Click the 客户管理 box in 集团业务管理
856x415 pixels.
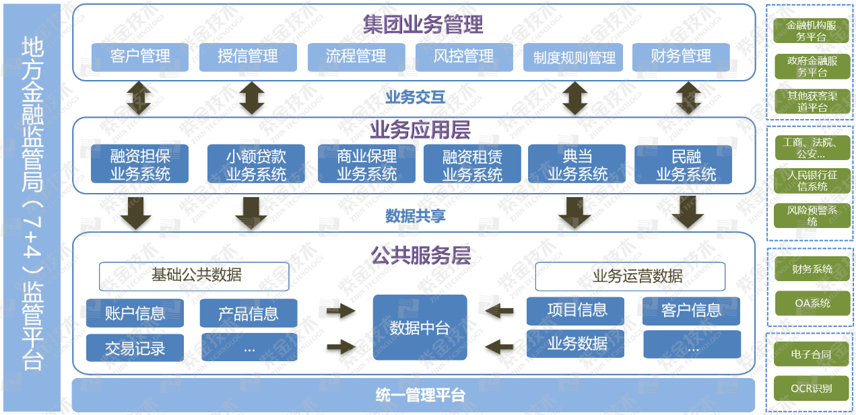pyautogui.click(x=140, y=57)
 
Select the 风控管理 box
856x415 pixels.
pyautogui.click(x=464, y=57)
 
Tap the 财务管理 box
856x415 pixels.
pyautogui.click(x=681, y=57)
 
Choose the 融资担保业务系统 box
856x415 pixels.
pyautogui.click(x=140, y=165)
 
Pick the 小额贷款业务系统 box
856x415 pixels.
pyautogui.click(x=256, y=165)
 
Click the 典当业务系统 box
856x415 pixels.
pyautogui.click(x=577, y=165)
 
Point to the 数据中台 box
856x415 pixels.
pyautogui.click(x=420, y=328)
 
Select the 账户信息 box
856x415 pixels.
pyautogui.click(x=135, y=313)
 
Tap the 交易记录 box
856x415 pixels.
pyautogui.click(x=135, y=348)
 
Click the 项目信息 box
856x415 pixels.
pyautogui.click(x=577, y=310)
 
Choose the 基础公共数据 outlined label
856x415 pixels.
pyautogui.click(x=195, y=276)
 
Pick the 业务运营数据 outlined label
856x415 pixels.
pyautogui.click(x=630, y=276)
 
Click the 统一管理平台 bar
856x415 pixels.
pyautogui.click(x=413, y=395)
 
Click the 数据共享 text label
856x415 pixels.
pyautogui.click(x=416, y=216)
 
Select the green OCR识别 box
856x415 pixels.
pyautogui.click(x=812, y=388)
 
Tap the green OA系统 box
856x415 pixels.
pyautogui.click(x=812, y=303)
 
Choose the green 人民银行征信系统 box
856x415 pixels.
pyautogui.click(x=812, y=180)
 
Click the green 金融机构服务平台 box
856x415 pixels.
pyautogui.click(x=812, y=31)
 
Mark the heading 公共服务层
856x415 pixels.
pyautogui.click(x=420, y=256)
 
